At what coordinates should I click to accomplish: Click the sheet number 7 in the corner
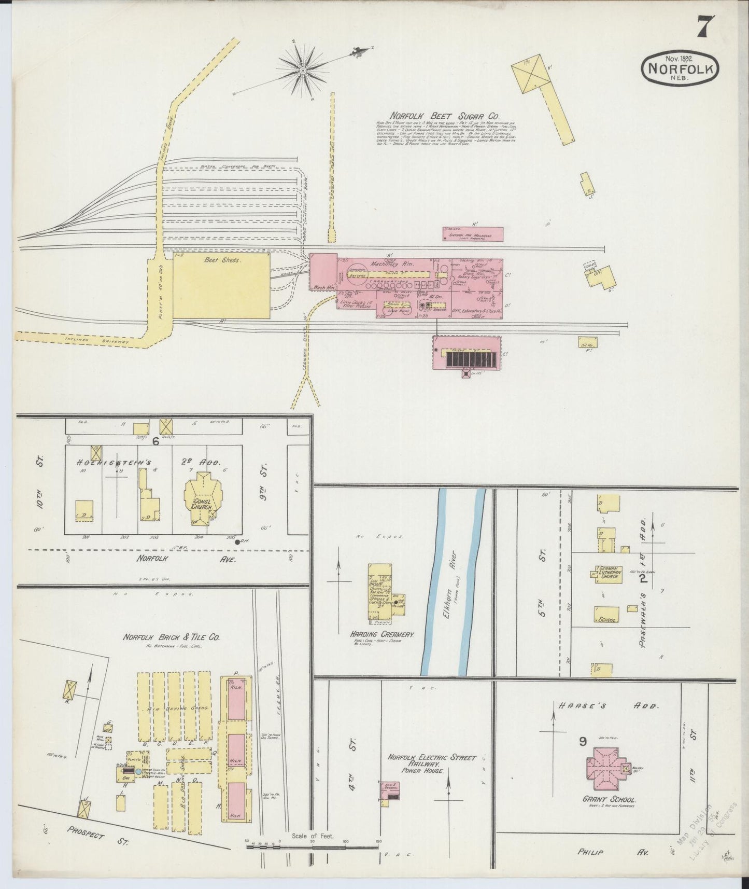tap(706, 26)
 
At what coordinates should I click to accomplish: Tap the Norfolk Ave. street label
tap(186, 559)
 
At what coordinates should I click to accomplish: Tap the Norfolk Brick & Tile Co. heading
tap(171, 637)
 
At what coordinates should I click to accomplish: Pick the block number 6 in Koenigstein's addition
tap(155, 440)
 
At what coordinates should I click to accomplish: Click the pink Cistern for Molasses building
tap(472, 234)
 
